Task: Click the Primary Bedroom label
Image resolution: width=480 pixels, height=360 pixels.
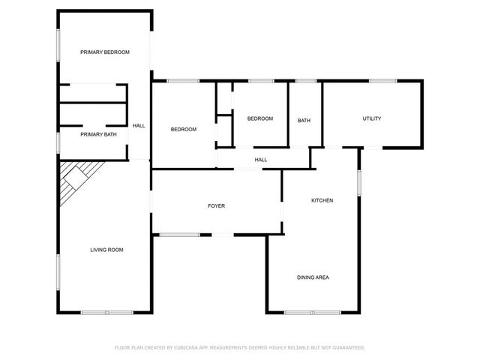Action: pos(106,52)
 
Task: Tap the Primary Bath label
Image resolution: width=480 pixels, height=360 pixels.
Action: pos(99,135)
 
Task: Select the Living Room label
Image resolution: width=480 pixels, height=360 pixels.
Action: pos(106,250)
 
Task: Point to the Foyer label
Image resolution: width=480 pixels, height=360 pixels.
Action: pos(216,206)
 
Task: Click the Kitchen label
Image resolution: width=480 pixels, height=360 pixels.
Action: pos(322,200)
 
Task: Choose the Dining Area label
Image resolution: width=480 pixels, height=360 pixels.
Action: pos(313,277)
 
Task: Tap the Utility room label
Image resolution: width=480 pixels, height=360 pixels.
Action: pos(372,118)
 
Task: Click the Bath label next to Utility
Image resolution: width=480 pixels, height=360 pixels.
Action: pos(304,121)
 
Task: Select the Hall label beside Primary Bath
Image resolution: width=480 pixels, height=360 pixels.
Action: pos(139,126)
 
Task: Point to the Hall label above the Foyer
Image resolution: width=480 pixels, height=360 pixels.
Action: pos(261,160)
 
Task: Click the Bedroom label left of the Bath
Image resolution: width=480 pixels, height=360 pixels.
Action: pos(260,118)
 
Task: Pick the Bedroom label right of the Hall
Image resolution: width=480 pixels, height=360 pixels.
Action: pos(184,130)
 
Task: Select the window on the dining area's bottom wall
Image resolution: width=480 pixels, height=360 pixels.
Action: pos(313,312)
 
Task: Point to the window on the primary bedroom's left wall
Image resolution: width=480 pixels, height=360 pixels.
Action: pos(58,45)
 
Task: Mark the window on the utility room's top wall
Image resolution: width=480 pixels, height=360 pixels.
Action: pos(382,80)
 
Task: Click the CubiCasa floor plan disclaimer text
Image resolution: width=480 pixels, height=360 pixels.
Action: pos(239,348)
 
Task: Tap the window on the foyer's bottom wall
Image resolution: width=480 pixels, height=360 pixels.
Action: pos(180,235)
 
